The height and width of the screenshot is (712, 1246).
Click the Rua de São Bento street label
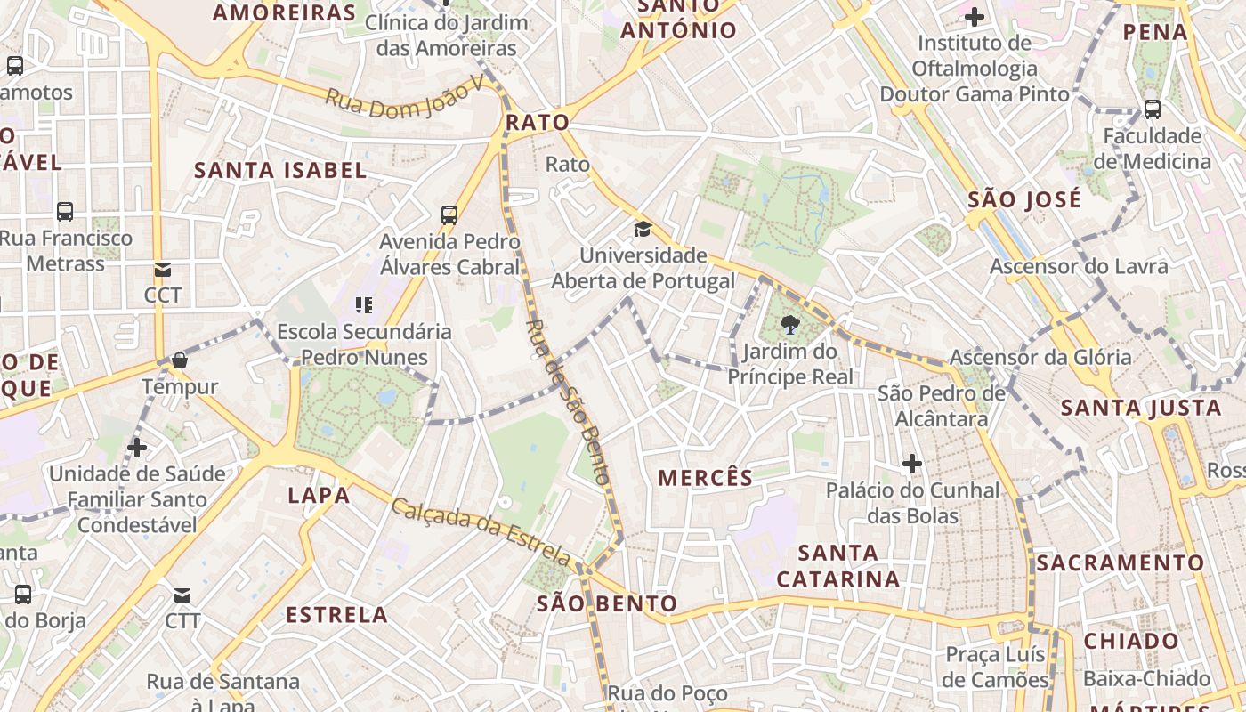pos(570,401)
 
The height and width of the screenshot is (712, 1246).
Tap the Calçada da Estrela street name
pos(481,531)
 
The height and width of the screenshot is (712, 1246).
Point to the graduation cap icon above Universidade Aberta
pos(643,230)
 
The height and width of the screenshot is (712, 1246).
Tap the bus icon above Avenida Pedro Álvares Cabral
pos(449,214)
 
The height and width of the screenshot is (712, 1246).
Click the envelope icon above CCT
pos(162,270)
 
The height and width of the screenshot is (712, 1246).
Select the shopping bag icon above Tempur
pos(180,360)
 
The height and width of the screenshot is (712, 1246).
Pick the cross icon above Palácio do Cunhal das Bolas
pos(911,464)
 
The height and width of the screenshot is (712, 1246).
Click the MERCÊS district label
pos(706,478)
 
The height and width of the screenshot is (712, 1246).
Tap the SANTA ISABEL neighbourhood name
pos(280,170)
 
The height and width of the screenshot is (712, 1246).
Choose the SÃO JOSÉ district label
pos(1024,198)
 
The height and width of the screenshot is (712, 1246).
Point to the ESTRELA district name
pos(336,615)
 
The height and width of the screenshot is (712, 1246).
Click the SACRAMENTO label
pos(1120,563)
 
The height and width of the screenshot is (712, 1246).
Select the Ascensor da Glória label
pos(1040,357)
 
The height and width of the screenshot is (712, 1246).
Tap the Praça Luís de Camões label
pos(997,667)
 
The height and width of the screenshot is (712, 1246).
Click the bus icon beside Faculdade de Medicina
pos(1153,109)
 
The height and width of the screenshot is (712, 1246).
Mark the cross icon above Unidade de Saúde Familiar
pos(137,447)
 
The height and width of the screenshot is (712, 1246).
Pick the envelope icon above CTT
pos(182,595)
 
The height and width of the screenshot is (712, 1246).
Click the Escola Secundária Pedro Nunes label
pos(364,344)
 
